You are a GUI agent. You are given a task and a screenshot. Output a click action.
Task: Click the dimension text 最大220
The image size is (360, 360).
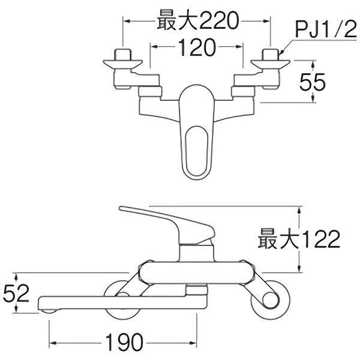(197, 22)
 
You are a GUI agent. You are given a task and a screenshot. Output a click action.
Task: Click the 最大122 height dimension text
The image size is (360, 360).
(298, 241)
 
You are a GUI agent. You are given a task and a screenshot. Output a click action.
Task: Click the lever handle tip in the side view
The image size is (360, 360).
(125, 209)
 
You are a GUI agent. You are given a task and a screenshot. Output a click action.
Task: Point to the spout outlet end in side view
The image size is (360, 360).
(47, 307)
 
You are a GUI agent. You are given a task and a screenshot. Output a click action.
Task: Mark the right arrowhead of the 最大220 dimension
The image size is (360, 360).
(268, 21)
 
